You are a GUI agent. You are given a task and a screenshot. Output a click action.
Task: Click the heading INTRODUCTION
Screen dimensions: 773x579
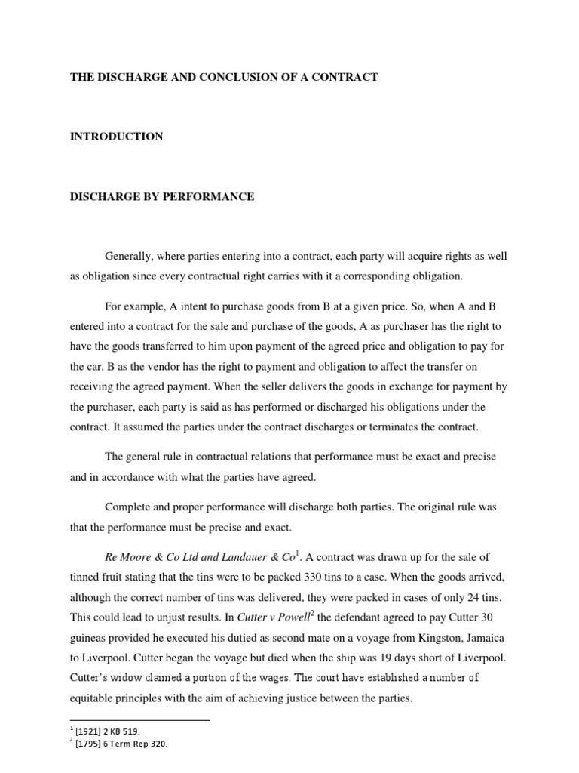point(116,137)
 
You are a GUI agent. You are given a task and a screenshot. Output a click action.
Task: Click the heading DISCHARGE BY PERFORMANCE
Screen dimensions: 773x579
point(162,197)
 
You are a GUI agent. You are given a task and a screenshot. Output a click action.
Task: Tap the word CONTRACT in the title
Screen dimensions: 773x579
point(348,77)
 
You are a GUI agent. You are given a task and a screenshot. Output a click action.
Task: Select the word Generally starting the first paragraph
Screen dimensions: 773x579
point(128,256)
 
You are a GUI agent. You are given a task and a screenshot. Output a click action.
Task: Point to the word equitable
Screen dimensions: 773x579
point(94,698)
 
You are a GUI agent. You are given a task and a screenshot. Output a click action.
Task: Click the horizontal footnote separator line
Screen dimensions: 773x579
point(139,720)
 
